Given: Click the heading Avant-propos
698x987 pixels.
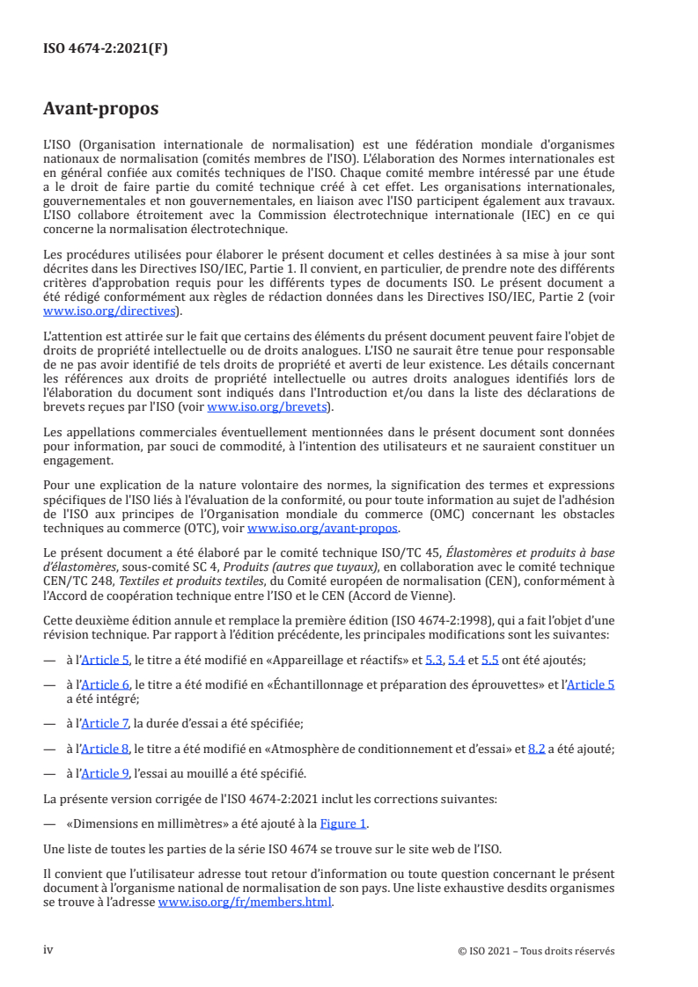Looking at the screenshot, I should tap(100, 109).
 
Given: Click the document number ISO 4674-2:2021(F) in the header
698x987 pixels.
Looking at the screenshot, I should tap(105, 49).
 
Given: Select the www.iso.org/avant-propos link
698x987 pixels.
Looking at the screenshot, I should tap(323, 528).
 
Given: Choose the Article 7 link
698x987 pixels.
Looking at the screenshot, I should tap(105, 723).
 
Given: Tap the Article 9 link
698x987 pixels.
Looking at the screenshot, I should tap(105, 773).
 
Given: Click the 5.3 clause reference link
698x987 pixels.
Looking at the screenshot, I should tap(434, 659).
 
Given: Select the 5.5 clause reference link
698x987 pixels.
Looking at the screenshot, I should tap(490, 659).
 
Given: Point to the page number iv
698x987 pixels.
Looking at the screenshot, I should tap(48, 950).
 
